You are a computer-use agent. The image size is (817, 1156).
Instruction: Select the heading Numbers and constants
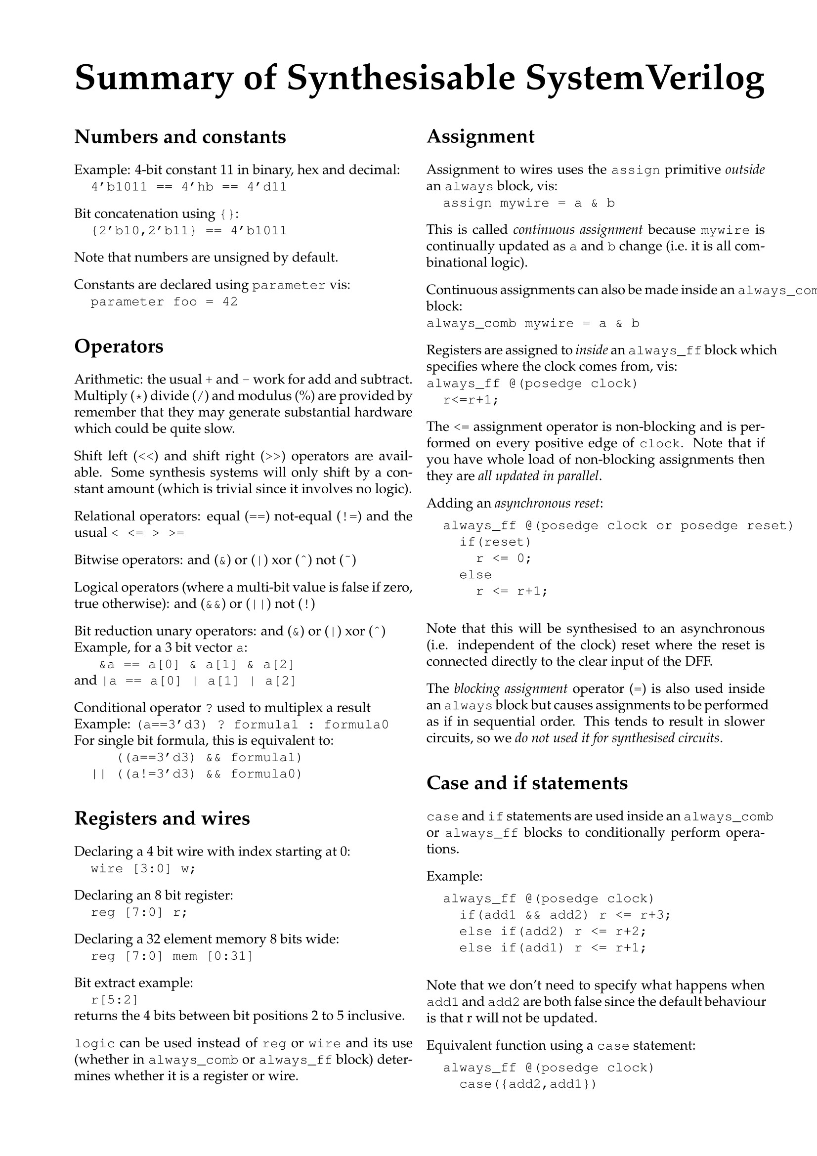click(180, 137)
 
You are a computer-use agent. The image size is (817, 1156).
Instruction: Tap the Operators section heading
click(119, 346)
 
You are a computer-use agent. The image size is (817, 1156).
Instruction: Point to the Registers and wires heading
click(162, 818)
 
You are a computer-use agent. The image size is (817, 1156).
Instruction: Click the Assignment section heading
click(480, 136)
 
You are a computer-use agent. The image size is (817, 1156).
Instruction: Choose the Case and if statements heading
click(526, 783)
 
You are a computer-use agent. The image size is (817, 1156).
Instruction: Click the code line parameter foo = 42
click(164, 302)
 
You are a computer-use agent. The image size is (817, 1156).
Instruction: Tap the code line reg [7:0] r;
click(139, 912)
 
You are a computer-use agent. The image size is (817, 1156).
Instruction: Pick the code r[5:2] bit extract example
click(114, 999)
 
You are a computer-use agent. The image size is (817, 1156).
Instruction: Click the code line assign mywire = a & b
click(528, 204)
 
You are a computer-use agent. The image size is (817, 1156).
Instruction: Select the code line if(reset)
click(495, 542)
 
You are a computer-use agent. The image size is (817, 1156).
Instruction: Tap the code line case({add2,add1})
click(527, 1084)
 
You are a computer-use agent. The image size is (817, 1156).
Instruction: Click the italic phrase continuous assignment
click(577, 230)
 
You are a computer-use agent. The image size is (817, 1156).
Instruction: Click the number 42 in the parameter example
click(230, 302)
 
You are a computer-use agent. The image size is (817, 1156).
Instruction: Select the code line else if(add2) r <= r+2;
click(552, 932)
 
